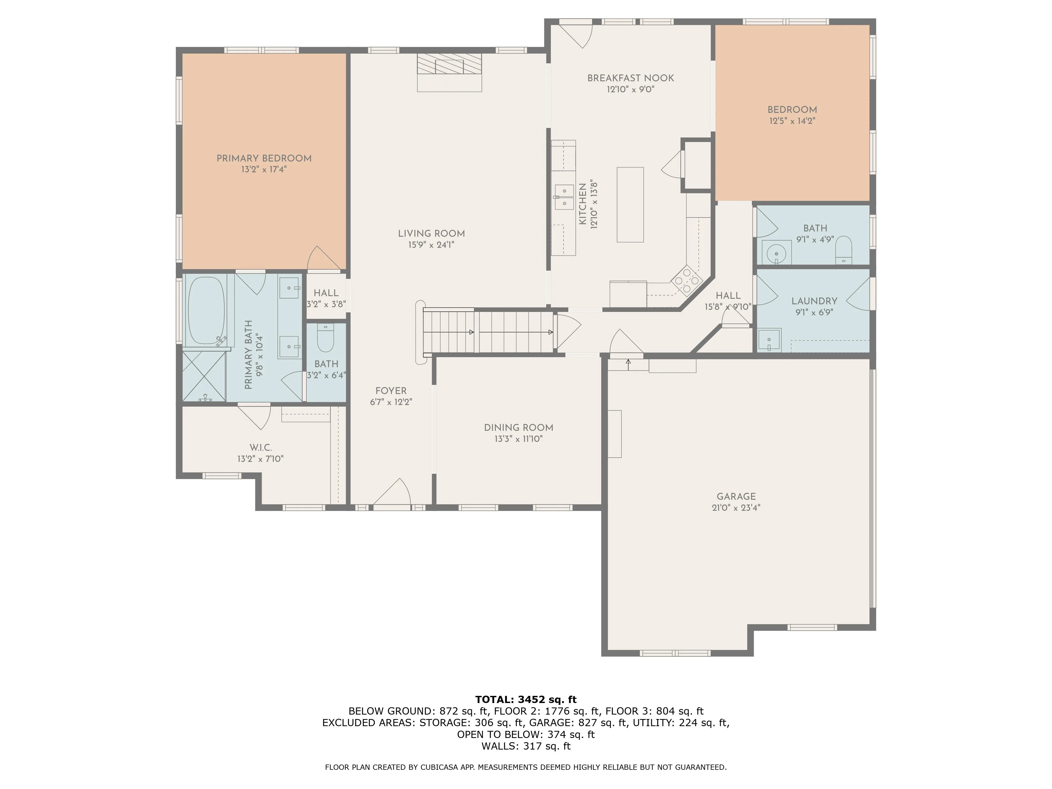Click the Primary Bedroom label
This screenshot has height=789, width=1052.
264,158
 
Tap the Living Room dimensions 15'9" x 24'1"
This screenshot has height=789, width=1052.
431,245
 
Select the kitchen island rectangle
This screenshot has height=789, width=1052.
630,205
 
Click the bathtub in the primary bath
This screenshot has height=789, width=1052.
207,311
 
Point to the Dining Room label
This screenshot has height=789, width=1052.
518,428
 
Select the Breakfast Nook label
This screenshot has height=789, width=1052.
631,78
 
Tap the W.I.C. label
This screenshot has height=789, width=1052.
261,448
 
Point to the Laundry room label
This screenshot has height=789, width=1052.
814,301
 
